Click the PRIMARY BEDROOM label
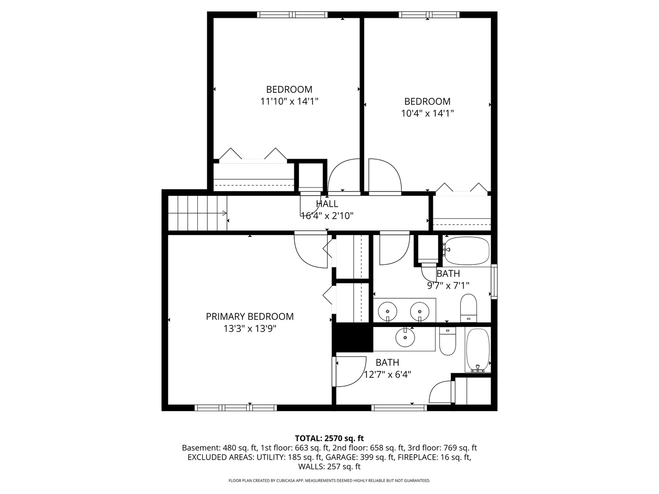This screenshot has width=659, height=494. [249, 317]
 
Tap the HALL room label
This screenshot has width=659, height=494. [327, 204]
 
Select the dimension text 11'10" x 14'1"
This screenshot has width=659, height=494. [289, 102]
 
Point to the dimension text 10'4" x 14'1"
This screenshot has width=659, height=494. [427, 113]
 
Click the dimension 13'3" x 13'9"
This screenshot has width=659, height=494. [249, 329]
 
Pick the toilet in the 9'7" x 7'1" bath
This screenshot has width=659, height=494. [468, 308]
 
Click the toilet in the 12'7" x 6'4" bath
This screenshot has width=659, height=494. [447, 341]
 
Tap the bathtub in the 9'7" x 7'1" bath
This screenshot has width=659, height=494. [466, 251]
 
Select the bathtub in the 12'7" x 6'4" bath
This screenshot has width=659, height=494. [477, 350]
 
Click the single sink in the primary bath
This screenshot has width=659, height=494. [405, 337]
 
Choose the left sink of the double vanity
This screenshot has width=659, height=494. [387, 311]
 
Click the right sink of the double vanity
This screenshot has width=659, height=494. [420, 311]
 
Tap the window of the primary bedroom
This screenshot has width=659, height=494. [236, 408]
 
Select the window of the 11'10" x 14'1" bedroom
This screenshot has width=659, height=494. [292, 15]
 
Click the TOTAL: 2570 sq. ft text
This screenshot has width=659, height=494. [329, 439]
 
